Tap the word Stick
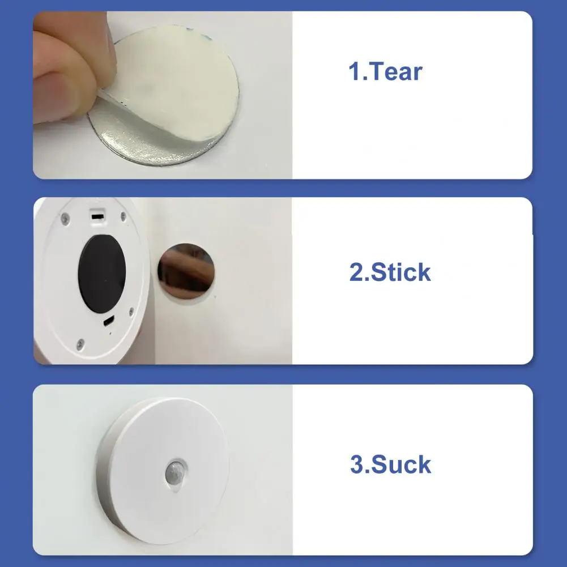[400, 272]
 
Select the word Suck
[401, 464]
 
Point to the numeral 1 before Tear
[354, 71]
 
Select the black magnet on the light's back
[102, 274]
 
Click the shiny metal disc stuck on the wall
[186, 271]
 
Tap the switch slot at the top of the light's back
[97, 217]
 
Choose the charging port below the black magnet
[109, 321]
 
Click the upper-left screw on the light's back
[65, 219]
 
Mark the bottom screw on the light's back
[80, 344]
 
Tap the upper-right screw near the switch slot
[123, 216]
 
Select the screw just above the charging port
[131, 312]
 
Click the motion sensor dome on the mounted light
[176, 472]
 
